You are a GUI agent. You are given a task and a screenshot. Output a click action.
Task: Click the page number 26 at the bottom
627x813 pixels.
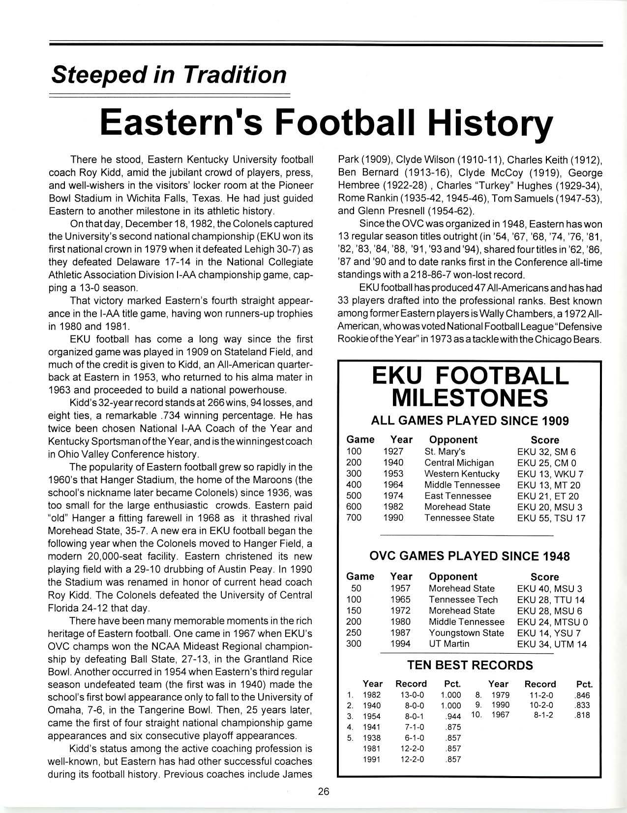coord(323,791)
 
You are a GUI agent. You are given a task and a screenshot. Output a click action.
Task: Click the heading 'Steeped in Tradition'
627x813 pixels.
coord(169,75)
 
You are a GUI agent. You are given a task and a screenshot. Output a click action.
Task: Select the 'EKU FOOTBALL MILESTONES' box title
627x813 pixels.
coord(470,386)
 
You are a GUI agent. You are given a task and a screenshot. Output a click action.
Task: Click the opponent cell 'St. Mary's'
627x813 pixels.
coord(445,452)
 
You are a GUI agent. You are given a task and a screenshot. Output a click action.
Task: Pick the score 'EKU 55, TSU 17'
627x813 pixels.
coord(551,518)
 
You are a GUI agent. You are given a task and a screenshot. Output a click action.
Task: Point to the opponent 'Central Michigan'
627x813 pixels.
coord(459,463)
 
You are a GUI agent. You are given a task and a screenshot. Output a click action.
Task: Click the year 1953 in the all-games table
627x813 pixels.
coord(393,474)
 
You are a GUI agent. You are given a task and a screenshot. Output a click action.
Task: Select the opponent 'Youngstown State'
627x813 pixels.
coord(466,633)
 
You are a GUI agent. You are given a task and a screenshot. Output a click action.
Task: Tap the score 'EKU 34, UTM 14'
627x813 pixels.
coord(552,644)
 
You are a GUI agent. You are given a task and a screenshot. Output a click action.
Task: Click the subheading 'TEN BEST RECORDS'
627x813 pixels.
coord(470,666)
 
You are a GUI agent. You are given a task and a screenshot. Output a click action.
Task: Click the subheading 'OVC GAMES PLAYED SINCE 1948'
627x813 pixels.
coord(469,556)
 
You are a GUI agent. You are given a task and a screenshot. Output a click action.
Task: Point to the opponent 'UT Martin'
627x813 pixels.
coord(449,644)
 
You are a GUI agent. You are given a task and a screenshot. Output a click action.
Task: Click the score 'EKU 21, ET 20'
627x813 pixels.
coord(548,496)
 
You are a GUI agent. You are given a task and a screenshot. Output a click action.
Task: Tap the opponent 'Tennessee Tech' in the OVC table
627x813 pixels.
coord(463,600)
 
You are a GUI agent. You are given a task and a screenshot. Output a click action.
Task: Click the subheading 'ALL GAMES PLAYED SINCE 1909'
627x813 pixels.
coord(470,421)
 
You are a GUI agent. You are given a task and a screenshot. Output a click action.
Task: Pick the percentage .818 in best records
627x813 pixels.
coord(582,716)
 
